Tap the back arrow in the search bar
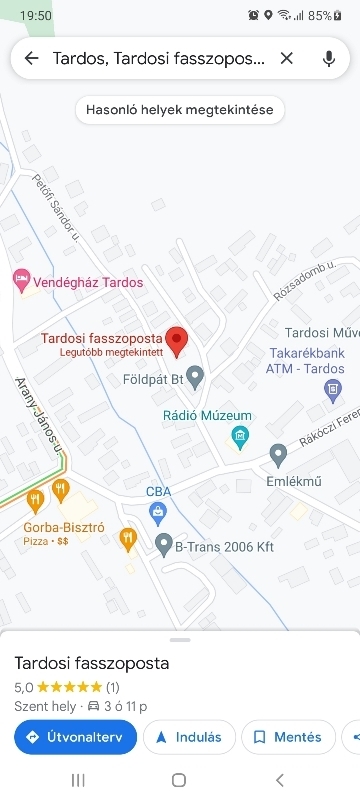click(x=31, y=58)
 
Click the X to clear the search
click(x=287, y=58)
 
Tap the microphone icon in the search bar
click(x=329, y=58)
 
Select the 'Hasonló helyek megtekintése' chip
click(x=180, y=109)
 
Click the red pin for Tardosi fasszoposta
click(x=177, y=341)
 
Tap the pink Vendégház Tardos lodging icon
click(x=20, y=282)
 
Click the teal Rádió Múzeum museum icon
click(x=239, y=435)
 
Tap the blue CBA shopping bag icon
click(x=158, y=512)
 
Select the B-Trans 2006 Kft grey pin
click(x=164, y=546)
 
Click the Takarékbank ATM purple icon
click(x=333, y=392)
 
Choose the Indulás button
click(x=189, y=737)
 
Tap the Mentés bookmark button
click(x=287, y=737)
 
